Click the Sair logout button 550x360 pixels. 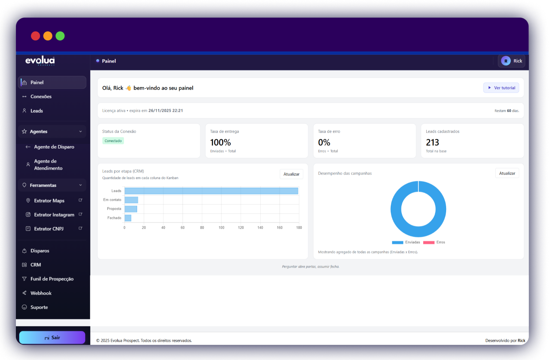coord(52,337)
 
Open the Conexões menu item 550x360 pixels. coord(41,96)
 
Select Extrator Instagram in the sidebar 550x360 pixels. coord(54,215)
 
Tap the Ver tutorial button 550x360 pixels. coord(501,88)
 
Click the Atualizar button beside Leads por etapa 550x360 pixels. coord(291,174)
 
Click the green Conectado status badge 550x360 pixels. coord(113,141)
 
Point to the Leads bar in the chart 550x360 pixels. coord(211,191)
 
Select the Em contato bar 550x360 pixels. coord(131,200)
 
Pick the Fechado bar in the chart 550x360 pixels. coord(128,218)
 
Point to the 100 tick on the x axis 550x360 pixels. coord(221,228)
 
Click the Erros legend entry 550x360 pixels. coord(434,242)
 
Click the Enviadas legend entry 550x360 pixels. coord(406,242)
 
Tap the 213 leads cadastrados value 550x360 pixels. coord(432,142)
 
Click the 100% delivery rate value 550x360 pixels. coord(220,142)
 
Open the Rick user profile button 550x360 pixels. coord(512,61)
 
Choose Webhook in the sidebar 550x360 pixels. coord(41,293)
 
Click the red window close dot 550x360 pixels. coord(35,36)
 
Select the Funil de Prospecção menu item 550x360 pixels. coord(52,279)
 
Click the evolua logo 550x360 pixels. coord(40,61)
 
